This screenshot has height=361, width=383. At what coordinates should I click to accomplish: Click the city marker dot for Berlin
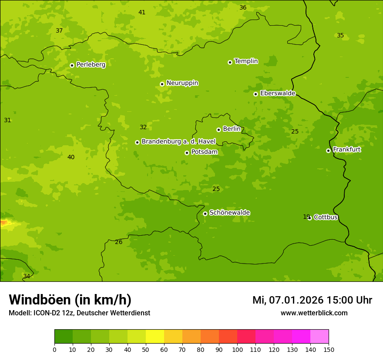coord(218,130)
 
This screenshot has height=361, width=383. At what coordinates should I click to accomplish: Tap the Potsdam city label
coord(204,152)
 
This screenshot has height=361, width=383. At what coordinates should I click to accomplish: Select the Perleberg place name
coord(91,65)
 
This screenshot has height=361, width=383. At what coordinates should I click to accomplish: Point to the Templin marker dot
coord(230,62)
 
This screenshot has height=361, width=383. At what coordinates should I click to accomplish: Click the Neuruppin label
coord(182,83)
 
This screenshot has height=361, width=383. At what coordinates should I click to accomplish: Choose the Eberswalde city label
coord(278,94)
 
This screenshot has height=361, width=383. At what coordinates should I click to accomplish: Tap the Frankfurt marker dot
coord(328,150)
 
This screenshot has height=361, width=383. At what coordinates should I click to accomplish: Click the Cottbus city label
coord(326,217)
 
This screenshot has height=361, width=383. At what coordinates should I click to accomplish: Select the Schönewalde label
coord(229,213)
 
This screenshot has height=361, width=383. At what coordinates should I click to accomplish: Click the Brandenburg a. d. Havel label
coord(178,142)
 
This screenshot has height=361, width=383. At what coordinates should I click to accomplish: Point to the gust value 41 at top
coord(142,12)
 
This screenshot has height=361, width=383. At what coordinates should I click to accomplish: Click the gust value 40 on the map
coord(71,157)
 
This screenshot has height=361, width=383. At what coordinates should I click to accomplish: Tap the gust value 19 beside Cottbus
coord(306,217)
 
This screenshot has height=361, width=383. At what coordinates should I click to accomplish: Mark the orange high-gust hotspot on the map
coord(4,223)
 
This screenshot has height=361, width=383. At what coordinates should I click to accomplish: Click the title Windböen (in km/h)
coord(70,300)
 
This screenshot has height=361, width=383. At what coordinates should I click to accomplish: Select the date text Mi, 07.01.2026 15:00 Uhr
coord(312,300)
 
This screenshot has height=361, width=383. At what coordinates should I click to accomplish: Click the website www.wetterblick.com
coord(314,313)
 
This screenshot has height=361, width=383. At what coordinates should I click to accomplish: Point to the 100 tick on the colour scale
coord(237,350)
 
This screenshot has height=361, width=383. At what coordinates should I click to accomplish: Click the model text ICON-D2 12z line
coord(79,313)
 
